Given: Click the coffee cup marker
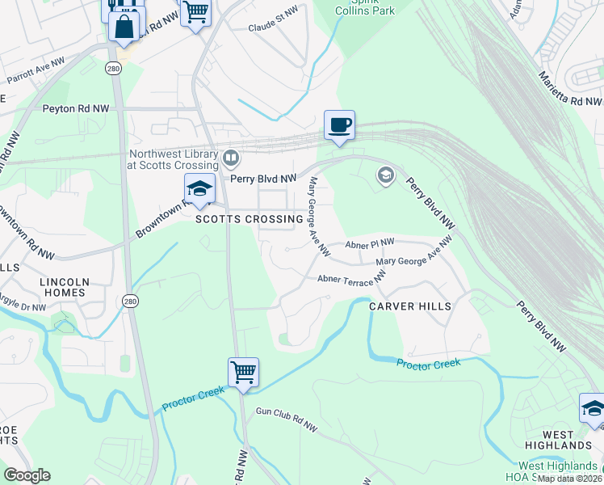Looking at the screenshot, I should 339,125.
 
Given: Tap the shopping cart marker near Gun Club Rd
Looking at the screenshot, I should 243,373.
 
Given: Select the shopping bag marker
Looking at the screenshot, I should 124,25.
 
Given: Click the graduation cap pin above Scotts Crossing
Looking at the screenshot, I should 199,189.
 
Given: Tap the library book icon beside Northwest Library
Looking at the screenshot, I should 231,156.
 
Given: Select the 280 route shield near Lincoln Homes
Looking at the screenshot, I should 129,301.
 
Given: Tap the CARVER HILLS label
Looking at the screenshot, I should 410,306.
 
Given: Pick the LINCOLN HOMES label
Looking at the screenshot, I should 64,287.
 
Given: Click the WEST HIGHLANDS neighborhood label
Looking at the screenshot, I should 556,440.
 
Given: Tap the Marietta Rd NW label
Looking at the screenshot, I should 570,90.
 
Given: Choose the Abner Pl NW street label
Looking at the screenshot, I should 370,243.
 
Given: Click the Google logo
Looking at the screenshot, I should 27,475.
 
